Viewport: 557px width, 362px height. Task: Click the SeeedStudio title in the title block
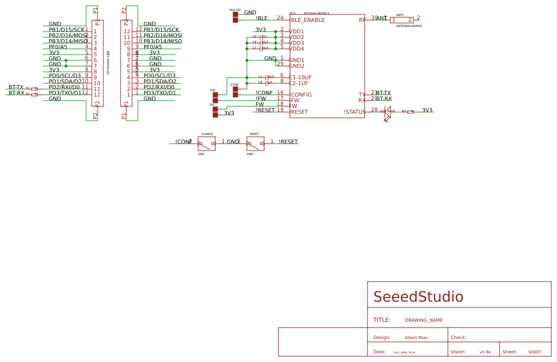[418, 297]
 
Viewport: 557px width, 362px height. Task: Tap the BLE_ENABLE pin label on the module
[308, 20]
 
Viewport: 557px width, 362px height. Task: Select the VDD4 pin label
[297, 49]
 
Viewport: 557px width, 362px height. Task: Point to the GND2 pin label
[297, 66]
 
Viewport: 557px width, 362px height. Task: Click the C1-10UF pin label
[300, 78]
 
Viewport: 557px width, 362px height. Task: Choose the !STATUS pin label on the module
[354, 112]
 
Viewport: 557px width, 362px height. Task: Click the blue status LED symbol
[388, 113]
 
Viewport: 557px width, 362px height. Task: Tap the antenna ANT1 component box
[402, 20]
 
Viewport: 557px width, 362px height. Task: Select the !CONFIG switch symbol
[207, 144]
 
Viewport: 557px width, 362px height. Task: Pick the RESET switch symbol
[256, 144]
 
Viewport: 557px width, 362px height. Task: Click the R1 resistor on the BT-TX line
[34, 88]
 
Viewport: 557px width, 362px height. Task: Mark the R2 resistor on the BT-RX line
[34, 94]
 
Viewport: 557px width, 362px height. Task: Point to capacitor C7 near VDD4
[261, 48]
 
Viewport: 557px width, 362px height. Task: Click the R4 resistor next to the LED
[411, 112]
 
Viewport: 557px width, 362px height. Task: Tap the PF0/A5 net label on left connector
[58, 47]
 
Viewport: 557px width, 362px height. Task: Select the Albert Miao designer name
[416, 338]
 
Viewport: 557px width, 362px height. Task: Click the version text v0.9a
[485, 352]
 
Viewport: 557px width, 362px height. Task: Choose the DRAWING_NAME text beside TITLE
[424, 321]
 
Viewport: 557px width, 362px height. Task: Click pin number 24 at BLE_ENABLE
[280, 18]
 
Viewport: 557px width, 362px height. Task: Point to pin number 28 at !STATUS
[374, 110]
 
